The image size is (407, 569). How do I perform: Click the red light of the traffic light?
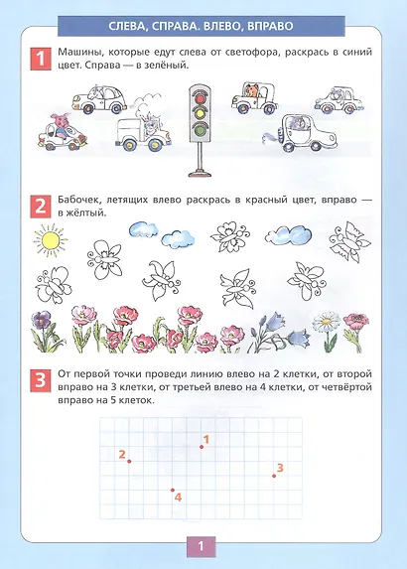click(x=199, y=97)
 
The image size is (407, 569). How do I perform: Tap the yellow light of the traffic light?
click(x=199, y=113)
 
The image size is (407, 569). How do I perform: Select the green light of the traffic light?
click(x=199, y=128)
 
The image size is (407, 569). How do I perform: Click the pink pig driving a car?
click(x=62, y=125)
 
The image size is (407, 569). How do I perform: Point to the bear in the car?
click(x=252, y=90)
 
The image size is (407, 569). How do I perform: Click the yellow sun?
click(x=51, y=239)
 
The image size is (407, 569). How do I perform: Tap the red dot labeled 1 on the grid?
click(x=202, y=447)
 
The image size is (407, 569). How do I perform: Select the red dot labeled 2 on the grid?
click(x=129, y=461)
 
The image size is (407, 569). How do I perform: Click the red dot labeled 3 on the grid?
click(x=274, y=476)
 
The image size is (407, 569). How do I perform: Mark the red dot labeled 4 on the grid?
click(x=173, y=491)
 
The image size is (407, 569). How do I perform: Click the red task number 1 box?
click(x=41, y=59)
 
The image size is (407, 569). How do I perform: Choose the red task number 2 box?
click(x=41, y=207)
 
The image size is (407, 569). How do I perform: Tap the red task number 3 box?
click(x=41, y=380)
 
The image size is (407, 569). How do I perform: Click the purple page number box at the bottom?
click(x=201, y=546)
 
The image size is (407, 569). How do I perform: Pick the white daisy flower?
click(x=327, y=321)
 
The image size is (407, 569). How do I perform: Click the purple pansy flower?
click(x=42, y=320)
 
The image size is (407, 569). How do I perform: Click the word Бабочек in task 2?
click(x=77, y=200)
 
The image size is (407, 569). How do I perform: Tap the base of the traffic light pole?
click(x=200, y=173)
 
